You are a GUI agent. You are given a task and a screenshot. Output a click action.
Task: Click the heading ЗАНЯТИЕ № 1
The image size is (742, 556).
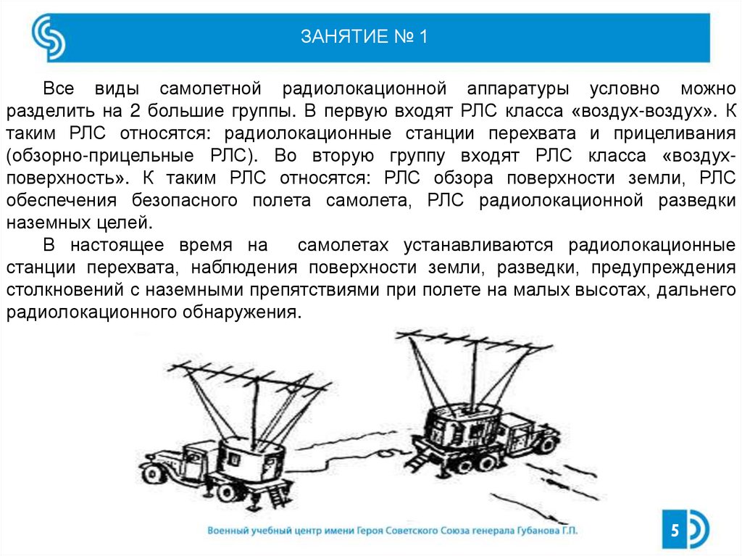point(364,36)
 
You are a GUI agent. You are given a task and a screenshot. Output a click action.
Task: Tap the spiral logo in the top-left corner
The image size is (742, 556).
point(49,37)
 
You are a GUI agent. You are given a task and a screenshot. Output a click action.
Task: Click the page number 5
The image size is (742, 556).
point(675,530)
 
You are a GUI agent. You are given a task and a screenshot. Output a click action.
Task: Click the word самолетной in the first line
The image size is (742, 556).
point(210,88)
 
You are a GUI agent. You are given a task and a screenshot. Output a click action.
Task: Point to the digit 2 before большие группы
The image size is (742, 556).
point(134,111)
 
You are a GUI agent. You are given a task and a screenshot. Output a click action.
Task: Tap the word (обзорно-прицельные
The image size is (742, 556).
point(100,156)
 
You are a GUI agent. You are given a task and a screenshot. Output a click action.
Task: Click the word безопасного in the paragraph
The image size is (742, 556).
point(185,200)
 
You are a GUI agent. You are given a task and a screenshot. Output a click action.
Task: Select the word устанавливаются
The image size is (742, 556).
point(478,245)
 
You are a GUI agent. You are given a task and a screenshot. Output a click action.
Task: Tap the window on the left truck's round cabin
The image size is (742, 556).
point(234,458)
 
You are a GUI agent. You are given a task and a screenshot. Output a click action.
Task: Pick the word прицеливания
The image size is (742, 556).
point(675,133)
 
